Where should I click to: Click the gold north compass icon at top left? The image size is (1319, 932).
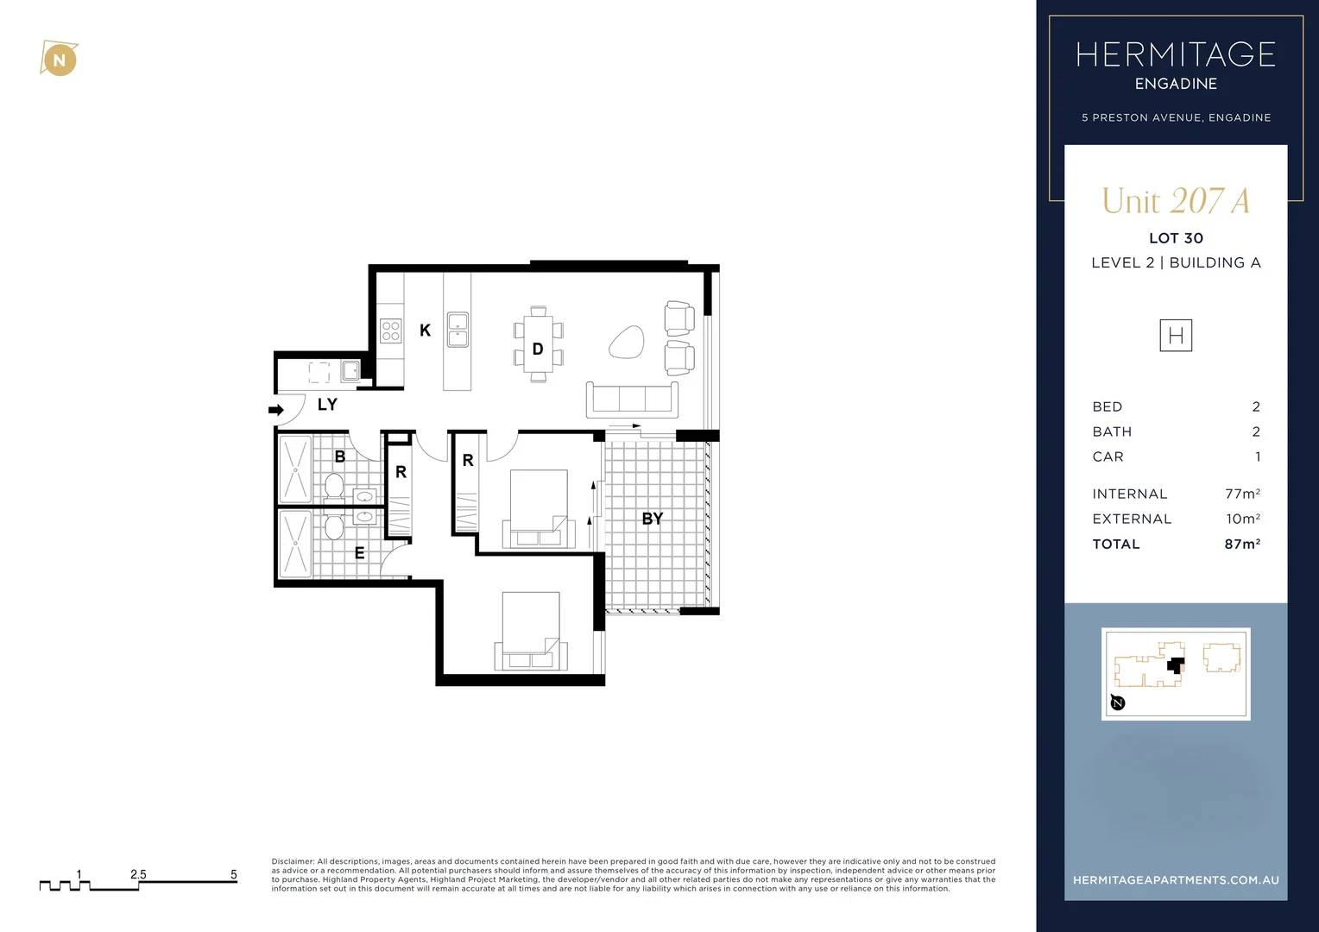click(59, 60)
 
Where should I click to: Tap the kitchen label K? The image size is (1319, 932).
click(425, 331)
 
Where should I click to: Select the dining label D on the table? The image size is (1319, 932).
click(537, 349)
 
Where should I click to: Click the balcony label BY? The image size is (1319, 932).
click(652, 519)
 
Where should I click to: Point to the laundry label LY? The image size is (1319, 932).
click(327, 405)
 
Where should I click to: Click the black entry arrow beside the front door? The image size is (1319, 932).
click(276, 410)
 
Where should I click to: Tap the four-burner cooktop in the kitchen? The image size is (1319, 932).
click(390, 331)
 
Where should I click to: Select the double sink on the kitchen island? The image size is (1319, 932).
click(458, 330)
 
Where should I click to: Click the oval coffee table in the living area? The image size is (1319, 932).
click(626, 343)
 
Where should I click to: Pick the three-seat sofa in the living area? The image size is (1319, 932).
click(631, 399)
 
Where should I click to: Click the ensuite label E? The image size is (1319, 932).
click(359, 553)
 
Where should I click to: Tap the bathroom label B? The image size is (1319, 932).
click(339, 457)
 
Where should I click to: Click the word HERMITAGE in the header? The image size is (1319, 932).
click(1175, 55)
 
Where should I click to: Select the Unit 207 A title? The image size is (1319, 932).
click(1175, 201)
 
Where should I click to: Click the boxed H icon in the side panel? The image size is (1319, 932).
click(1175, 336)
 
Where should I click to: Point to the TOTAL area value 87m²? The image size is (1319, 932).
click(1241, 544)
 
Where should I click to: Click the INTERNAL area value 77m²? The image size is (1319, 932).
click(1241, 494)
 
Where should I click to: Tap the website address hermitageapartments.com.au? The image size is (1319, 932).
click(1175, 880)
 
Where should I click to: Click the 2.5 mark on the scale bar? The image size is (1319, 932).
click(138, 875)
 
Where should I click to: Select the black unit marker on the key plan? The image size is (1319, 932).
click(1174, 665)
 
